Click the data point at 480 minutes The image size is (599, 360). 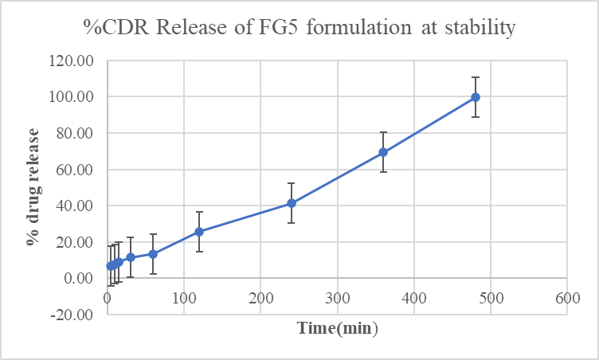(476, 97)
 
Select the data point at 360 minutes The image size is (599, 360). (383, 152)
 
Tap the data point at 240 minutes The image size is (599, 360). (292, 203)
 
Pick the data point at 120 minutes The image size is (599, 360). (199, 232)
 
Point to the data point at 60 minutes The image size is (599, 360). (153, 254)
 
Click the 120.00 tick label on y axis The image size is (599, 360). (72, 61)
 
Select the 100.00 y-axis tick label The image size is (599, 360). (72, 97)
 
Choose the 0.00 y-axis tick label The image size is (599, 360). (77, 278)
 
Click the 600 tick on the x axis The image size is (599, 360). (566, 298)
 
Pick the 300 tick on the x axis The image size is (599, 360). (337, 298)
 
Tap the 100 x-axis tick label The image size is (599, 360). (184, 298)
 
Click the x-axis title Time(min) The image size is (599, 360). (338, 328)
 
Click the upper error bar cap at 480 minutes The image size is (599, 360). (476, 77)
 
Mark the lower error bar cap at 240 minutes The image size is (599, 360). (292, 222)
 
